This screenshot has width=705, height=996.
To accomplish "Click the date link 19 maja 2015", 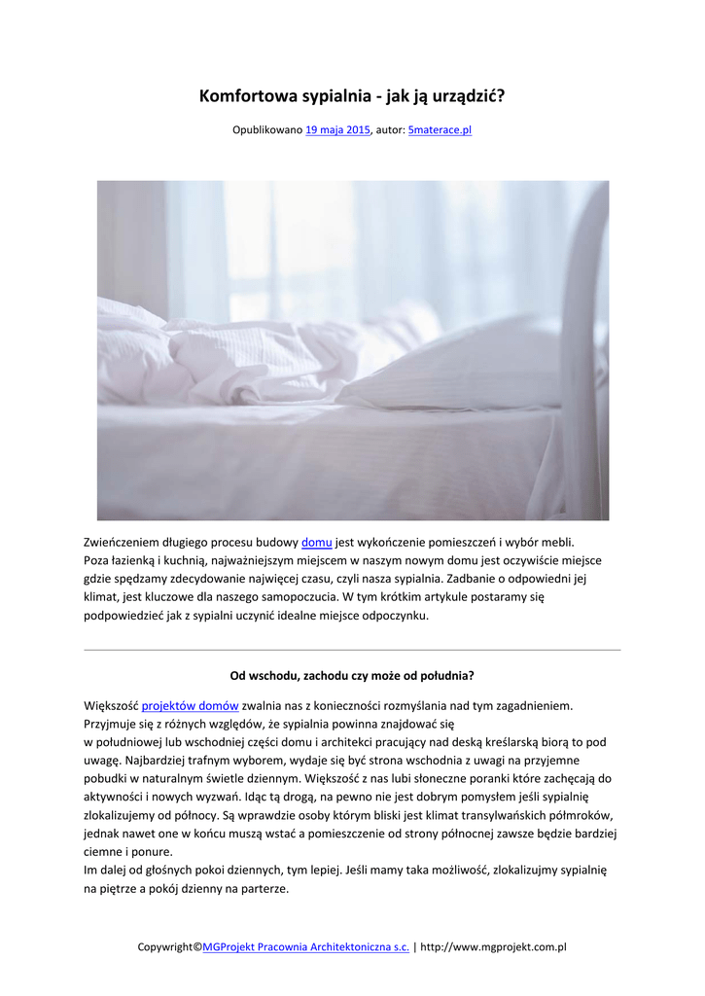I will click(x=337, y=129).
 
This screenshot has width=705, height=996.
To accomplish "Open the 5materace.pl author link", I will click(x=440, y=129).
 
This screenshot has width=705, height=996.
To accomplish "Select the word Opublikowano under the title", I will click(x=267, y=129).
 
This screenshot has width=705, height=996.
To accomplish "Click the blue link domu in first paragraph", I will click(x=317, y=542).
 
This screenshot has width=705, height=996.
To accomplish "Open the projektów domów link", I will click(x=190, y=705).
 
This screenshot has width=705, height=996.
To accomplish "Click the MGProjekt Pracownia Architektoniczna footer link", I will click(x=305, y=946).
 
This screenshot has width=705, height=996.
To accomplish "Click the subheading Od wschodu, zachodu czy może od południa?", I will click(x=352, y=674).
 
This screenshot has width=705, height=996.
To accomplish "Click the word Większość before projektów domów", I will click(x=111, y=705).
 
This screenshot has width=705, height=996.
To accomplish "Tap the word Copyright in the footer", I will click(x=164, y=946).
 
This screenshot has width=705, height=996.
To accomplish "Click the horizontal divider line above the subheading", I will click(x=352, y=649).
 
